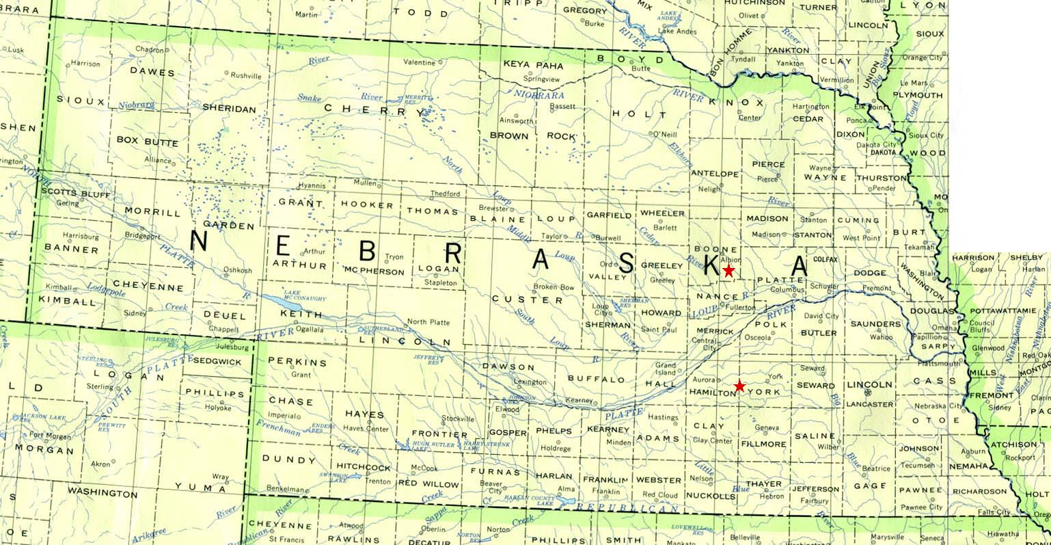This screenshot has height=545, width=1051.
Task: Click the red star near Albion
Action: click(728, 271)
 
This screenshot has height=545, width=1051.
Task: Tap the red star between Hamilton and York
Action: click(739, 386)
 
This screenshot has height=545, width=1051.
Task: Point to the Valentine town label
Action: click(419, 62)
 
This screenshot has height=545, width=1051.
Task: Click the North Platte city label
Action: click(428, 321)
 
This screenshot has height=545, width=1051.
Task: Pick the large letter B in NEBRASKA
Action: click(367, 252)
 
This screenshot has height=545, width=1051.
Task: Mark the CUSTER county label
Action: click(517, 300)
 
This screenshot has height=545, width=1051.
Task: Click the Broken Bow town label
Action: click(554, 287)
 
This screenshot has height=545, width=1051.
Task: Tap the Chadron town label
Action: click(149, 49)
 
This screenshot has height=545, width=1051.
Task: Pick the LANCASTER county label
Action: click(869, 404)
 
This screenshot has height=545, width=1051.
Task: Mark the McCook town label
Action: click(424, 468)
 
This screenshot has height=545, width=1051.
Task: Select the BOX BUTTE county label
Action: click(147, 142)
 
